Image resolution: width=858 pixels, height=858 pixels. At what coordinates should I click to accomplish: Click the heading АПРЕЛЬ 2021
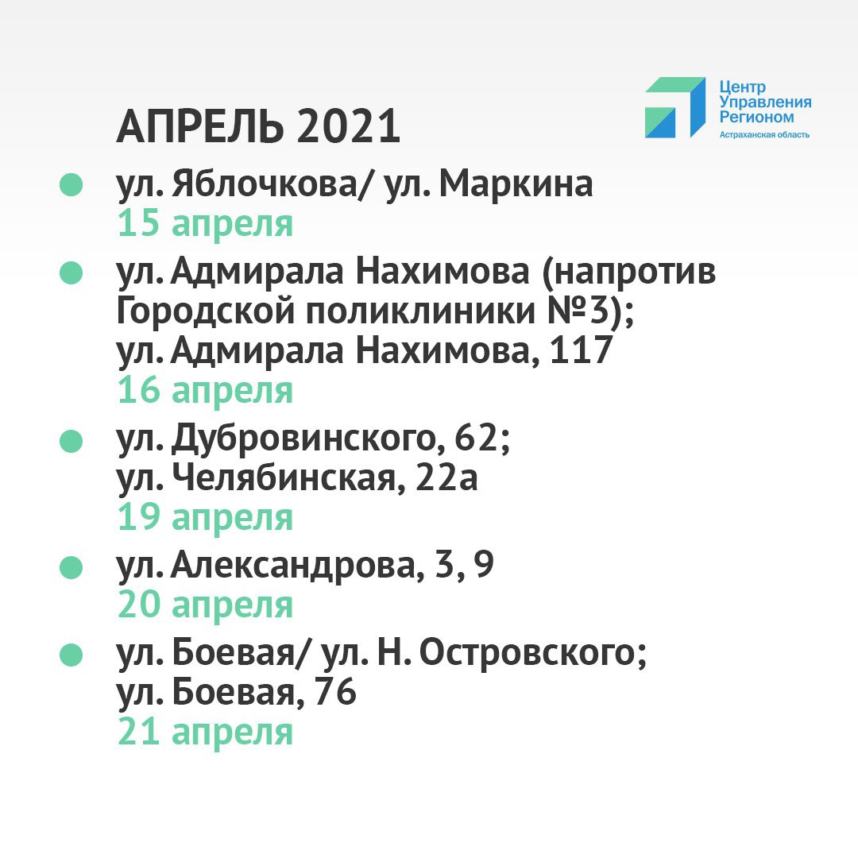[258, 126]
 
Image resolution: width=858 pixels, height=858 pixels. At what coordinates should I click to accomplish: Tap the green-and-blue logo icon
[675, 107]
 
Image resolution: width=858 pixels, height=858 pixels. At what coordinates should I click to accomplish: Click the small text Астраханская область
[764, 134]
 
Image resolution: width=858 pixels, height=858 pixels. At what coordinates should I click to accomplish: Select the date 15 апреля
[205, 224]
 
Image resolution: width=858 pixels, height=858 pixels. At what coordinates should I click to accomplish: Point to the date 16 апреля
[205, 391]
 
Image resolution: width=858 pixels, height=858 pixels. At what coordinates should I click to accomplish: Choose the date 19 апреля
[205, 518]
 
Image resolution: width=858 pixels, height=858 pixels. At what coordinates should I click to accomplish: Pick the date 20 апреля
[205, 605]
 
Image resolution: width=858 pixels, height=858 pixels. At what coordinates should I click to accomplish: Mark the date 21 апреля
[205, 732]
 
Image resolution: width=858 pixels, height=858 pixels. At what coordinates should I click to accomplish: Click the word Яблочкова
[264, 184]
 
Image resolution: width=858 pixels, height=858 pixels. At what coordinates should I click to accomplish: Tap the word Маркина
[516, 184]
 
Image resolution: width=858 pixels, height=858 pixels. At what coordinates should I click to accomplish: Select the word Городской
[207, 311]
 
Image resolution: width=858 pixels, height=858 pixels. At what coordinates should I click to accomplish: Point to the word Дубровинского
[304, 439]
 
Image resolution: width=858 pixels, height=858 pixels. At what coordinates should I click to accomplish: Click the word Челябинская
[284, 478]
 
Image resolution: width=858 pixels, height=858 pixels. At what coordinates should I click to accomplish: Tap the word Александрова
[293, 566]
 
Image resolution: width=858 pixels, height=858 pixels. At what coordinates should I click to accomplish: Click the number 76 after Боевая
[335, 692]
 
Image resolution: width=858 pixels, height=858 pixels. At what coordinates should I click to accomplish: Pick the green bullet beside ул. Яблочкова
[71, 184]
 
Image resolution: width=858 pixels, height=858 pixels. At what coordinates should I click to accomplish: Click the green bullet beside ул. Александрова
[71, 567]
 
